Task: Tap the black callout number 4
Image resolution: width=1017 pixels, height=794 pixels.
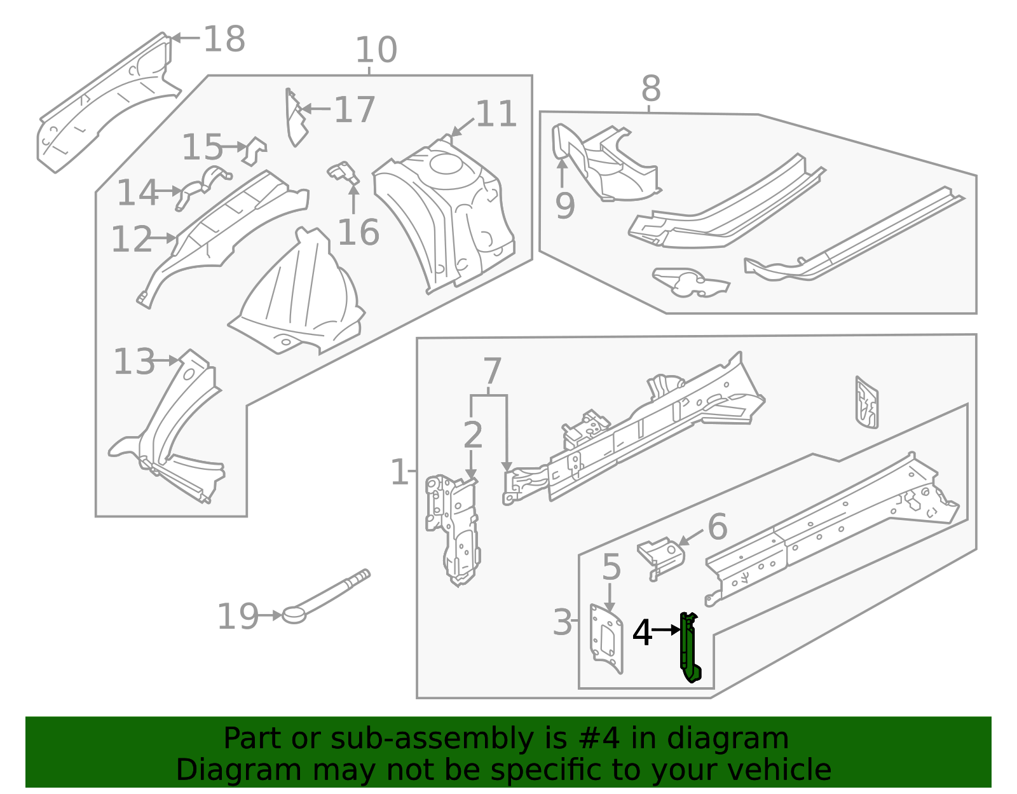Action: tap(642, 633)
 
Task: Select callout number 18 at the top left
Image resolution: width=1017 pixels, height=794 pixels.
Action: tap(224, 39)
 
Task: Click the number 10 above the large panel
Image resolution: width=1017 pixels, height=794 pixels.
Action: tap(376, 50)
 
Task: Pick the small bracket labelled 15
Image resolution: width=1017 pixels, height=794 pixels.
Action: tap(255, 151)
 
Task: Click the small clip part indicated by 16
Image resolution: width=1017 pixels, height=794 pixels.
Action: tap(343, 174)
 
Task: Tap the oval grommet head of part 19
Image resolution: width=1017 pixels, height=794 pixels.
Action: tap(294, 615)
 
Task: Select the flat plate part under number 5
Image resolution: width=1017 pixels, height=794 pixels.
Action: tap(606, 639)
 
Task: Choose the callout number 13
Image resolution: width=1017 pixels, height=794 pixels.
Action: tap(134, 362)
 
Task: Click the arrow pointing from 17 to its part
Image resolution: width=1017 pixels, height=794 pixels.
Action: tap(317, 109)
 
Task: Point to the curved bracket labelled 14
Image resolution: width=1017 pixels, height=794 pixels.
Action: tap(202, 188)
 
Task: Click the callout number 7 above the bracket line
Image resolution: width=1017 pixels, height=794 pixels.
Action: tap(492, 371)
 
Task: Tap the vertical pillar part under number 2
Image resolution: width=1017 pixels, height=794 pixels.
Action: tap(453, 531)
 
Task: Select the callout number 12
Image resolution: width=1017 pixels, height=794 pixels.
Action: tap(132, 239)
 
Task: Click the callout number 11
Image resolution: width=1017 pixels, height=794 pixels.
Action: tap(496, 114)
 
